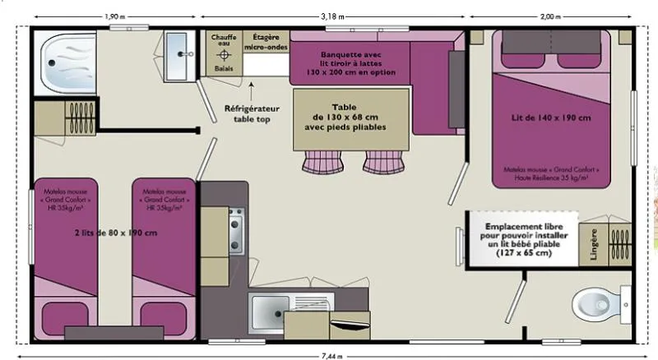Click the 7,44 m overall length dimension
[x=332, y=356]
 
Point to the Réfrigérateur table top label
[x=253, y=113]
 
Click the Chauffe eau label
[x=223, y=42]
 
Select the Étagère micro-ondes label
[x=265, y=42]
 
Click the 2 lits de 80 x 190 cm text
[x=114, y=233]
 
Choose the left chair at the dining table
[x=318, y=162]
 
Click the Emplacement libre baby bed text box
[x=520, y=239]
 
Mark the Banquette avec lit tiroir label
[x=351, y=62]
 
